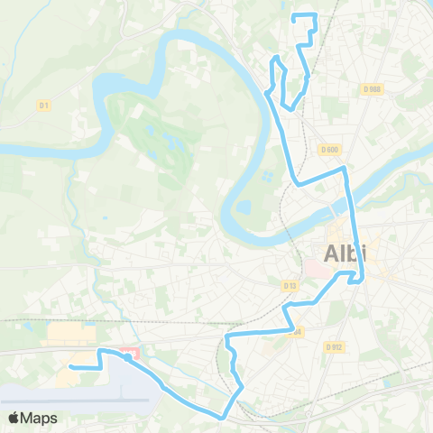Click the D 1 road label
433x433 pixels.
click(x=42, y=106)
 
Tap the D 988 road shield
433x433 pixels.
click(x=373, y=88)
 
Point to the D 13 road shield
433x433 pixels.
click(x=290, y=285)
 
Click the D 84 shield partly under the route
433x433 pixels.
click(x=294, y=331)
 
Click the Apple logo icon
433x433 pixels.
click(x=14, y=418)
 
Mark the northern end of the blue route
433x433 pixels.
click(x=295, y=14)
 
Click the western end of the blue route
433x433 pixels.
click(x=70, y=367)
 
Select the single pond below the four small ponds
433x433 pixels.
click(x=244, y=207)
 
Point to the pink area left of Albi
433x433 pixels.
click(x=318, y=269)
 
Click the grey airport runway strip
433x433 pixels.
click(x=72, y=394)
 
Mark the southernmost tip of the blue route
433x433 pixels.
click(x=222, y=417)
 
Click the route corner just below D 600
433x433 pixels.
click(x=344, y=168)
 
